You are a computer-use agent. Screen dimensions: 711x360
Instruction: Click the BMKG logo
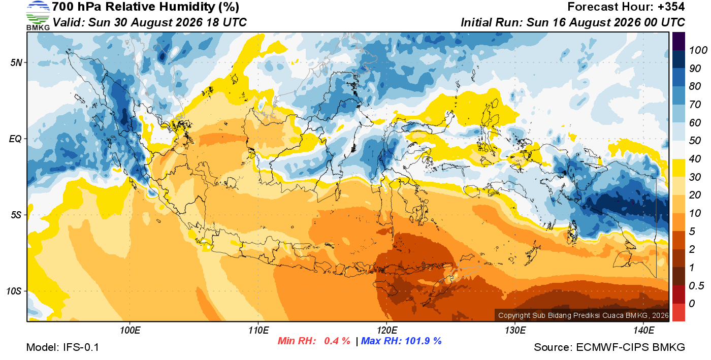pyautogui.click(x=38, y=16)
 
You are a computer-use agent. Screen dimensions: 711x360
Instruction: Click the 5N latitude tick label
pyautogui.click(x=16, y=62)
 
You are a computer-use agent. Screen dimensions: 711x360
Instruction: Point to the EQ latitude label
pyautogui.click(x=15, y=139)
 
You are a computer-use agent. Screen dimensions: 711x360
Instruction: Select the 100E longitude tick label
pyautogui.click(x=130, y=331)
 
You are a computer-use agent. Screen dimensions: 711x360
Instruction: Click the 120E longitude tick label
pyautogui.click(x=386, y=331)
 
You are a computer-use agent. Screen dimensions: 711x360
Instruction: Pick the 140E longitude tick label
pyautogui.click(x=643, y=331)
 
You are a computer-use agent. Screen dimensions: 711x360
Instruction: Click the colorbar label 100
pyautogui.click(x=698, y=50)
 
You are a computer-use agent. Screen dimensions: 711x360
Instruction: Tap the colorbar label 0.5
pyautogui.click(x=696, y=286)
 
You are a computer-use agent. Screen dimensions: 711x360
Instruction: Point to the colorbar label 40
pyautogui.click(x=695, y=159)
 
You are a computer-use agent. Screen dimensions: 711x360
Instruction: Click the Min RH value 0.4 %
pyautogui.click(x=337, y=341)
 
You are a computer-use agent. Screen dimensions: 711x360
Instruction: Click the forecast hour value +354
pyautogui.click(x=671, y=7)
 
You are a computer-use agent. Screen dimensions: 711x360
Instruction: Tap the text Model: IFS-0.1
pyautogui.click(x=62, y=347)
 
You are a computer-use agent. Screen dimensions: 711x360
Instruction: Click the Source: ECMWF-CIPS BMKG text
pyautogui.click(x=609, y=347)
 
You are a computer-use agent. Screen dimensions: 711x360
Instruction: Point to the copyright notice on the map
pyautogui.click(x=584, y=315)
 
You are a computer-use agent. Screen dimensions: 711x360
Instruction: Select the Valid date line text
pyautogui.click(x=149, y=22)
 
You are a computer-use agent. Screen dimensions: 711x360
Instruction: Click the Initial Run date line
pyautogui.click(x=573, y=22)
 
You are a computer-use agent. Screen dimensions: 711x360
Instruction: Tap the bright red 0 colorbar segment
pyautogui.click(x=678, y=312)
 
